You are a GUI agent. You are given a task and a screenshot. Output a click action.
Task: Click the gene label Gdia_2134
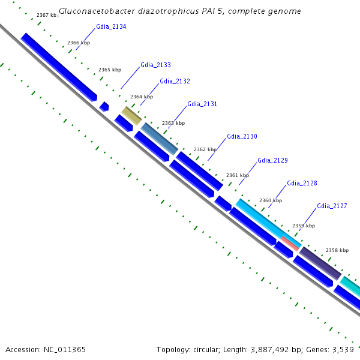(111, 27)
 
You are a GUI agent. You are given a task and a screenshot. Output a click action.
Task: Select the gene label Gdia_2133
(155, 65)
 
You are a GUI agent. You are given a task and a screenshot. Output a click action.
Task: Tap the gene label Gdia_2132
(175, 81)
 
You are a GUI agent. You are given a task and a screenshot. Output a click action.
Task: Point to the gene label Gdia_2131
(202, 104)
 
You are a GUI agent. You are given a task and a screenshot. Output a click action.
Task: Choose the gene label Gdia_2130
(242, 136)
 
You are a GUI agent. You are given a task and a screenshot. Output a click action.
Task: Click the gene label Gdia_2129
(272, 160)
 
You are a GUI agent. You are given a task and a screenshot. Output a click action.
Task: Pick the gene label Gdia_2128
(302, 183)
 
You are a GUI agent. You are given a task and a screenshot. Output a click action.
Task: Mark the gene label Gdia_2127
(332, 206)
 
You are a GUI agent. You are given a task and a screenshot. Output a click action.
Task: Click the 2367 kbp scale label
(47, 15)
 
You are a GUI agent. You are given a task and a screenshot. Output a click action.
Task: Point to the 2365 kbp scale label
(109, 70)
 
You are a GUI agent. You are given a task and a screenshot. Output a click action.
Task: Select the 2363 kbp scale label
(173, 123)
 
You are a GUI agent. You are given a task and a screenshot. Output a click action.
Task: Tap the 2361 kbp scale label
(237, 175)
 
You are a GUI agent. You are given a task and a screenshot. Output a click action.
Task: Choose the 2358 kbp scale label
(337, 250)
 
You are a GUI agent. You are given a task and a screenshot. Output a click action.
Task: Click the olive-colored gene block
(131, 116)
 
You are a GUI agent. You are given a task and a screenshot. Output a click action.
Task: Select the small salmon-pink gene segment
(290, 243)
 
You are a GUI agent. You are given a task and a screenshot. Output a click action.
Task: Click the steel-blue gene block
(160, 139)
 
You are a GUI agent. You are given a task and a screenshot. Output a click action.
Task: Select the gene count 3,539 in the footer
(342, 349)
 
